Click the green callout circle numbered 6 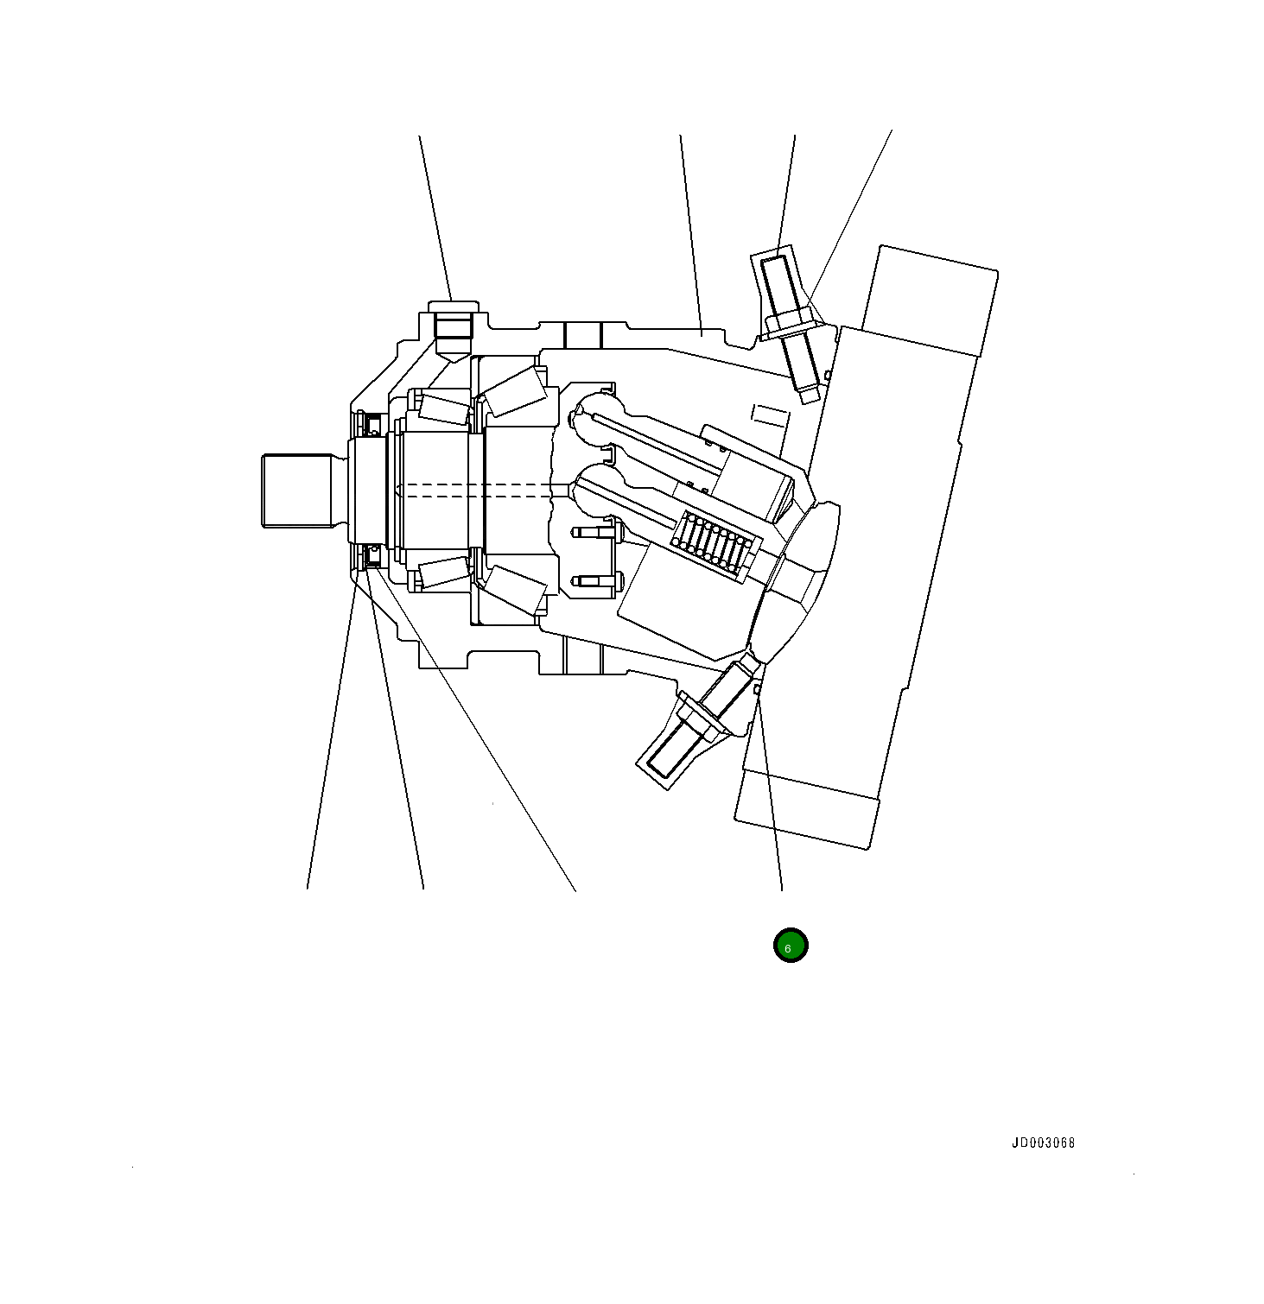[790, 945]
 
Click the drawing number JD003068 [1043, 1143]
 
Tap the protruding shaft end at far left [296, 490]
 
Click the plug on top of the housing [453, 326]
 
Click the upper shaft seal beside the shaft [373, 424]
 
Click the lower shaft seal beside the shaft [373, 556]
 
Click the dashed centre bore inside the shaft [475, 490]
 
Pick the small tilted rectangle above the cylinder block [770, 415]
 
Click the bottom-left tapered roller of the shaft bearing [443, 573]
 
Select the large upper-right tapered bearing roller [516, 388]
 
